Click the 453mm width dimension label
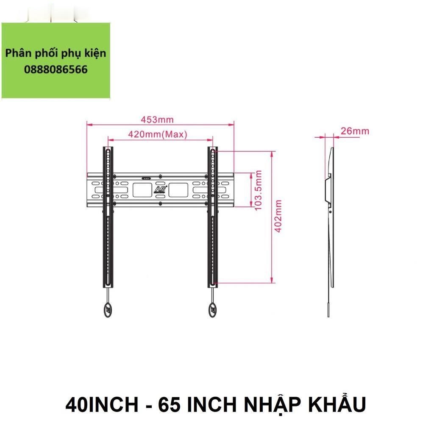click(157, 120)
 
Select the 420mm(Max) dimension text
click(158, 135)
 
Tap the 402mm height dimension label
click(278, 217)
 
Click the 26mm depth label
click(355, 131)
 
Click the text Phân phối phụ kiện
click(56, 54)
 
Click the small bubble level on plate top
click(146, 178)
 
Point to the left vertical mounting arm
click(108, 216)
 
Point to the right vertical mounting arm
click(213, 216)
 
